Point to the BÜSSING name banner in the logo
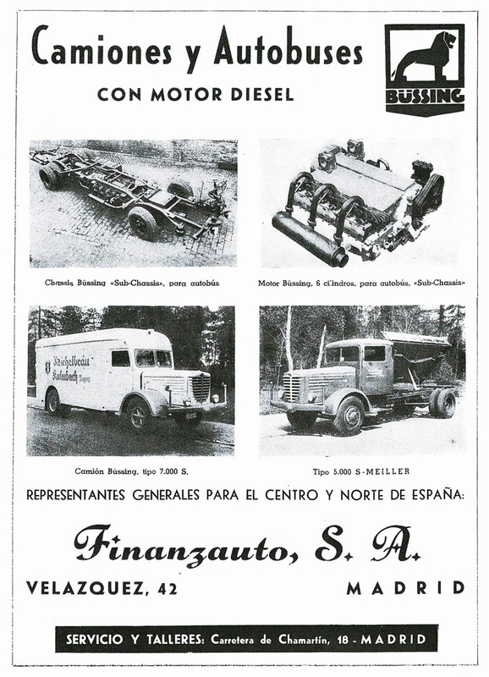pos(425,96)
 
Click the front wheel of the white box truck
pos(136,414)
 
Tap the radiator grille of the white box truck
pos(201,388)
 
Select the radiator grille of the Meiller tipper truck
pos(293,388)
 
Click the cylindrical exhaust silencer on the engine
pos(310,239)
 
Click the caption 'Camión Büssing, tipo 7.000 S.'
pos(130,470)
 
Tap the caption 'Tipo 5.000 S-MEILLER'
pos(360,470)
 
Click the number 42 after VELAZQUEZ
pos(162,588)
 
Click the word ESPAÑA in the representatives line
pos(433,494)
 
